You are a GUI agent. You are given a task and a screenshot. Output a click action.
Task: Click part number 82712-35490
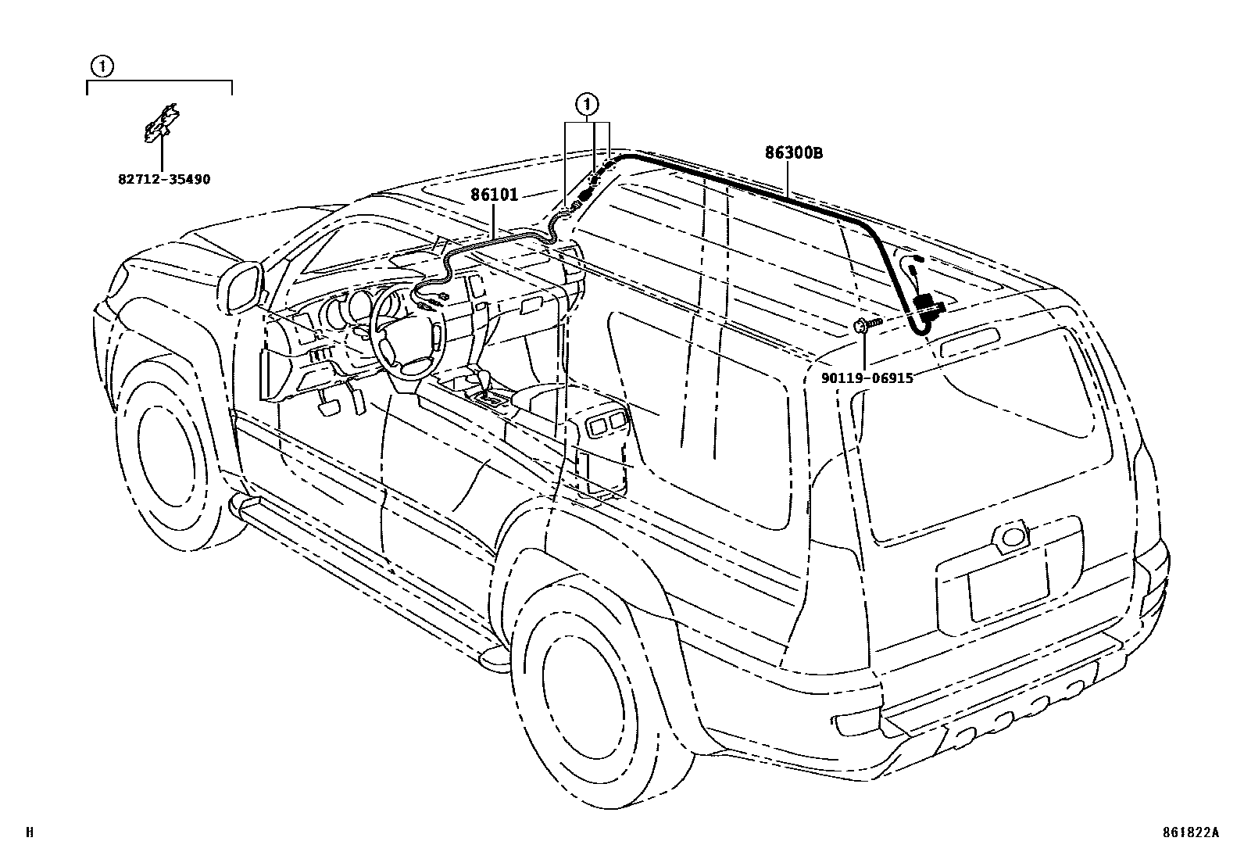[x=164, y=180]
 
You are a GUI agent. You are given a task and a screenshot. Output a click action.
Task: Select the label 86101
[x=494, y=194]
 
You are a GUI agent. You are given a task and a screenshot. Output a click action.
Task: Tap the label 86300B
[x=794, y=153]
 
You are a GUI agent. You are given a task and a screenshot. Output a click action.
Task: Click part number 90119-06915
[x=867, y=378]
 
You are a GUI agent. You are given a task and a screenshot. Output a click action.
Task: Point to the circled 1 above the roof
[x=587, y=104]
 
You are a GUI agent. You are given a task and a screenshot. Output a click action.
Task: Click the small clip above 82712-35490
[x=162, y=123]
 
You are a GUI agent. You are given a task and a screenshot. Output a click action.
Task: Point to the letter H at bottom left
[x=30, y=833]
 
